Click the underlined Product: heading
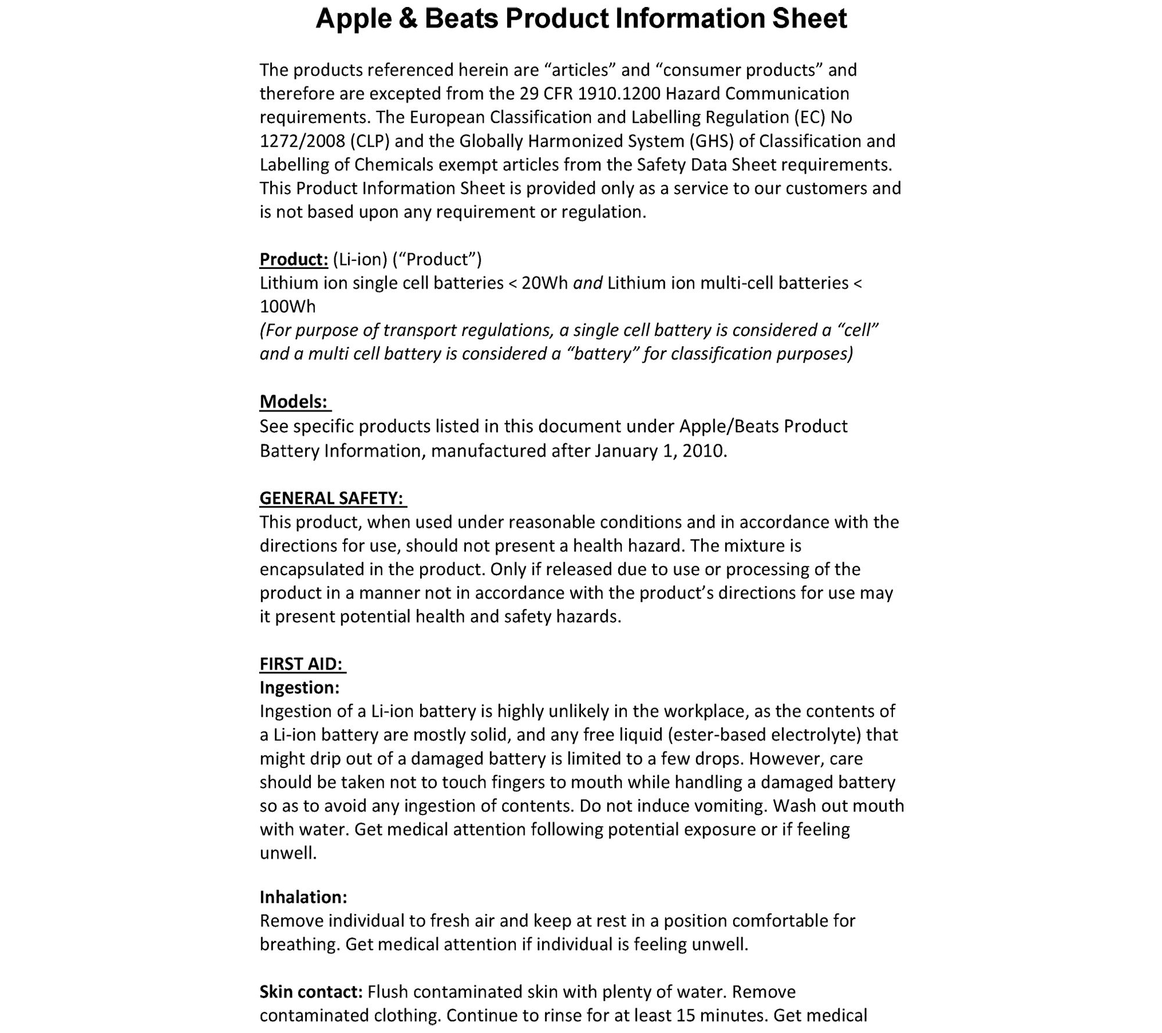tap(293, 259)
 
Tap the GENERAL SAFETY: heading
tap(331, 498)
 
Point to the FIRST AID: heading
tap(301, 663)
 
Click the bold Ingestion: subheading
tap(299, 687)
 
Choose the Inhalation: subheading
tap(303, 897)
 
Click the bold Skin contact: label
tap(311, 992)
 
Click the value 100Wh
tap(288, 307)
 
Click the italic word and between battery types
tap(587, 283)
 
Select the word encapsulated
tap(311, 569)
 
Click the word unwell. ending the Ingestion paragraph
tap(288, 853)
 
